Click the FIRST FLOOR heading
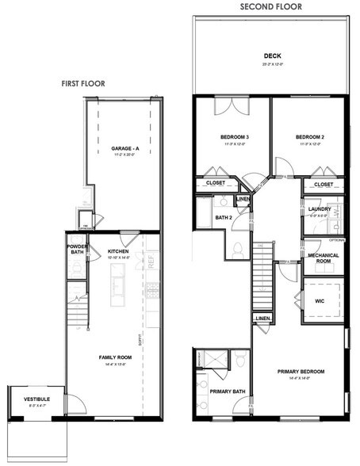(84, 82)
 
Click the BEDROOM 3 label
(235, 138)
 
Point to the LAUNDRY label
(319, 208)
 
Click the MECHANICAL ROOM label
(324, 258)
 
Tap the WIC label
(320, 301)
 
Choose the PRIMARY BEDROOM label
(300, 372)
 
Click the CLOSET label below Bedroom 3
(216, 183)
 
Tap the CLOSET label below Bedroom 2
(324, 185)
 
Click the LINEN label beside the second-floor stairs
(262, 318)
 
